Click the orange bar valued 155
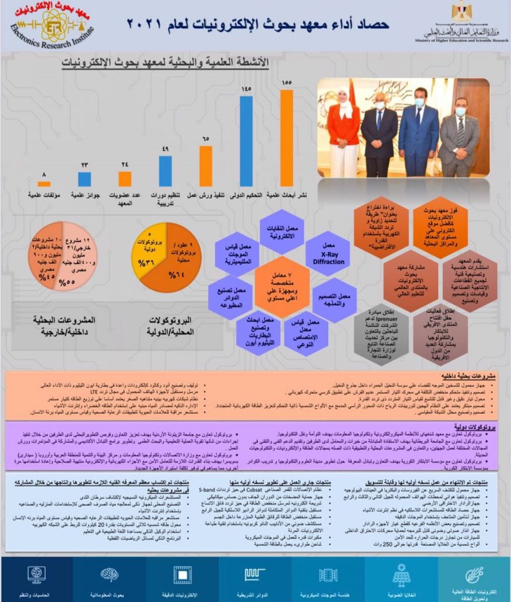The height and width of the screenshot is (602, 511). pyautogui.click(x=286, y=138)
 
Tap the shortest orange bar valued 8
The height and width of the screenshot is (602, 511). pyautogui.click(x=44, y=183)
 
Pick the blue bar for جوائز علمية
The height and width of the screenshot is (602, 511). pyautogui.click(x=85, y=179)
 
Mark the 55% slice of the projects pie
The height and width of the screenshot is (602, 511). pyautogui.click(x=75, y=265)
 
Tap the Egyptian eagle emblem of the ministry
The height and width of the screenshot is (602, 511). pyautogui.click(x=462, y=12)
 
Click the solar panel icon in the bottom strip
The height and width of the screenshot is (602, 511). pyautogui.click(x=401, y=573)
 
